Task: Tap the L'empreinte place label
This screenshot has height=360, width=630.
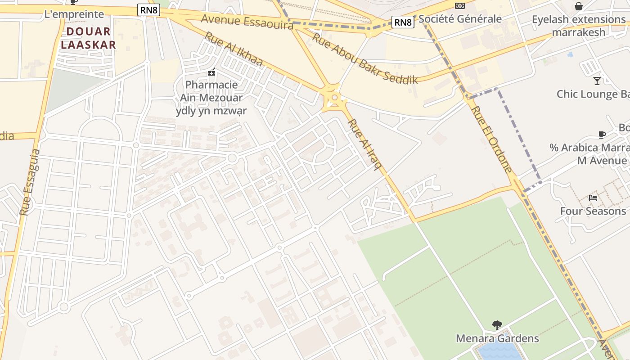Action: point(74,14)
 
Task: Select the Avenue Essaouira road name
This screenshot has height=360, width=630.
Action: point(247,21)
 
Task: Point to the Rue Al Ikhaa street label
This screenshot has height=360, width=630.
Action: point(233,49)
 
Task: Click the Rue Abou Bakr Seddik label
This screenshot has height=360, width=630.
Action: point(365,58)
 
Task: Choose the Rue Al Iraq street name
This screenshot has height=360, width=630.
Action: point(364,144)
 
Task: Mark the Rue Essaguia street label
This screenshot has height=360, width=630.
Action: point(30,182)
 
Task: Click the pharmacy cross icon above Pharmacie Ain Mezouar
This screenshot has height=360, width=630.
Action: point(211,72)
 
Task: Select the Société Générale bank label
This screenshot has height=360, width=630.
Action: point(460,19)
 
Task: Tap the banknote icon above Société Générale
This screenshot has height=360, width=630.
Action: point(459,5)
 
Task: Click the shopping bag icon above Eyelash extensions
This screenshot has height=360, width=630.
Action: point(579,6)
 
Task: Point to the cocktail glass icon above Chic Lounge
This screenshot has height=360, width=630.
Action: point(597,81)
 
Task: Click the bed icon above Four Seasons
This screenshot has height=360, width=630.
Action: point(593,198)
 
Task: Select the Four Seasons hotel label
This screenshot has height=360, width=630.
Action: point(593,211)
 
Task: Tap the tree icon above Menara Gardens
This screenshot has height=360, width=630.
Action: point(497,325)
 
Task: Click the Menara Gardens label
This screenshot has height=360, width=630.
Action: point(497,338)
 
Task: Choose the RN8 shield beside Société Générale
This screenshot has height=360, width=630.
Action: point(402,22)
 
